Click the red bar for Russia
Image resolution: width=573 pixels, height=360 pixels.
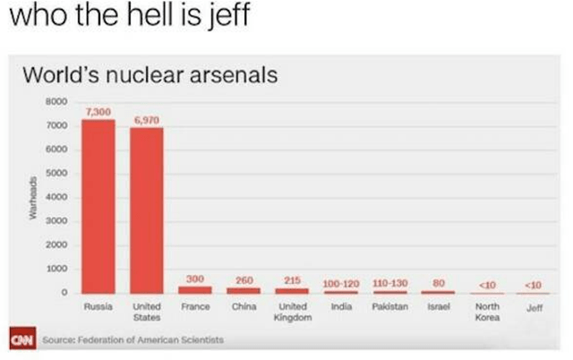coord(98,206)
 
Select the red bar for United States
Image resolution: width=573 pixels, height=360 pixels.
coord(146,210)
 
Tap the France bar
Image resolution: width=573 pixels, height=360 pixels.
coord(195,289)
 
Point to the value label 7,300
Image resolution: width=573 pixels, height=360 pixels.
coord(98,111)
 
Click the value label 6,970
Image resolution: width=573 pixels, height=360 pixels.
coord(146,119)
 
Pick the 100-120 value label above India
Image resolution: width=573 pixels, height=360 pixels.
coord(340,283)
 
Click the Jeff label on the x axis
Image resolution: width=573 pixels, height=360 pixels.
coord(535,307)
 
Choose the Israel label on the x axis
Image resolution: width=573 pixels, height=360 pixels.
coord(439,306)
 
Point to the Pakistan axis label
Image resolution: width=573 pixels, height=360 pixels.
coord(389,306)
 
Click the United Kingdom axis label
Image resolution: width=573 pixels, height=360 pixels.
coord(291,312)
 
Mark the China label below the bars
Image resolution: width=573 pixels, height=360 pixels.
coord(244,306)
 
